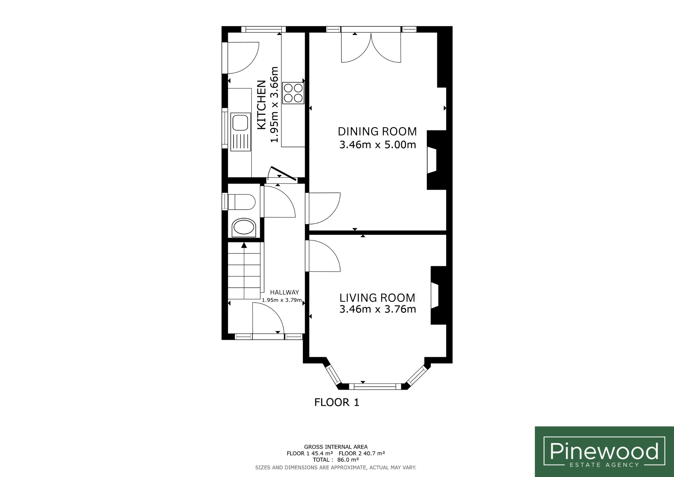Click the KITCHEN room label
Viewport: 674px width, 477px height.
[x=261, y=105]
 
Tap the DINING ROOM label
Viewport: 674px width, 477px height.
[x=377, y=131]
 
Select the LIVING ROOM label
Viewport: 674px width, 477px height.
[x=377, y=298]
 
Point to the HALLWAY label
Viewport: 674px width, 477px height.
[x=284, y=292]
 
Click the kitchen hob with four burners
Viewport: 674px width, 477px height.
[x=293, y=93]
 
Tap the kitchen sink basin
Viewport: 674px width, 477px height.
[x=240, y=122]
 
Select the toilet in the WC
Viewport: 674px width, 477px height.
[x=242, y=202]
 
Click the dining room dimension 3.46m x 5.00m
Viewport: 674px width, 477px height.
[x=377, y=145]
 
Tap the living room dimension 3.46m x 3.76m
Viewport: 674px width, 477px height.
[x=377, y=309]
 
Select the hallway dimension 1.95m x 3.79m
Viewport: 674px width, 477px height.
[x=282, y=300]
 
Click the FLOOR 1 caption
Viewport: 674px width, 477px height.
[x=337, y=402]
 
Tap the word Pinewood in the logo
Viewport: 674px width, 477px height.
[x=604, y=451]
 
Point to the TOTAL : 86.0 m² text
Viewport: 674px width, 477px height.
[x=335, y=460]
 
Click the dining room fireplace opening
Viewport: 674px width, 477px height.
[x=432, y=160]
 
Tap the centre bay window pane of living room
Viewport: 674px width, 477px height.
[x=376, y=387]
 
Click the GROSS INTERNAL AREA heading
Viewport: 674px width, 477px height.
[x=336, y=447]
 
